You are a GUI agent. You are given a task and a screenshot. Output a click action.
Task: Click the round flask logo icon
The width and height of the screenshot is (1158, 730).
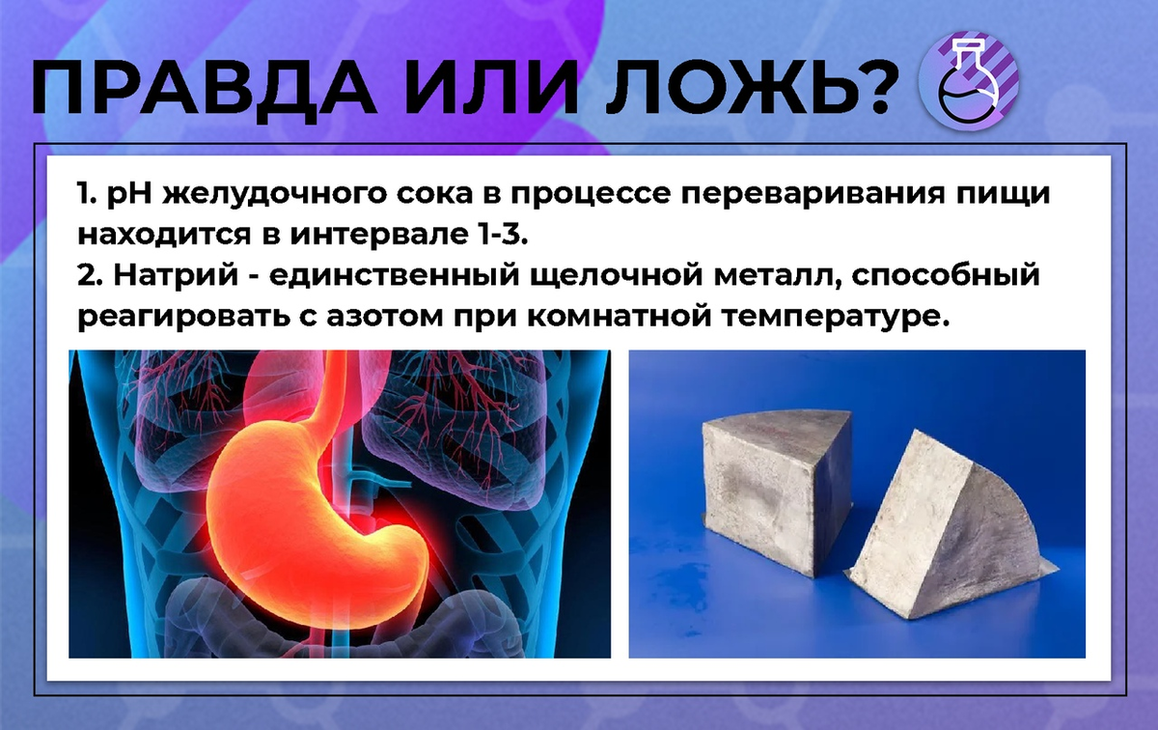969,83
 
